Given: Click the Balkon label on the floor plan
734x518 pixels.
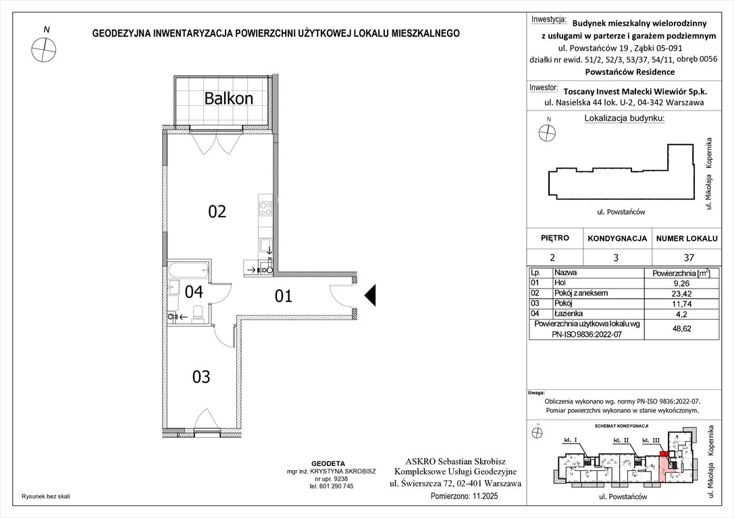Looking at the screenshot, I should point(228,98).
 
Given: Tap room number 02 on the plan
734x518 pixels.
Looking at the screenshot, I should point(216,212).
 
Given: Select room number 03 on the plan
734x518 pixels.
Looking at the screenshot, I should point(201,376).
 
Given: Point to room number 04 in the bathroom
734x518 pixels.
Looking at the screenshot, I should point(194,292).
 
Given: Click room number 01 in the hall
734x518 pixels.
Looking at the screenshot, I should point(284,295).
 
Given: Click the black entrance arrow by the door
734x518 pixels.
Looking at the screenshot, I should point(369,295).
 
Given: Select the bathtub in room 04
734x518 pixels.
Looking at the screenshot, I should point(189,271).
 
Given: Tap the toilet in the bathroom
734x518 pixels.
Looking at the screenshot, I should point(198,313).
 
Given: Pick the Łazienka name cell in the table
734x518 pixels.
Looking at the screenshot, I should point(567,313).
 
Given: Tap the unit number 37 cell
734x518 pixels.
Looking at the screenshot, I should point(685,257).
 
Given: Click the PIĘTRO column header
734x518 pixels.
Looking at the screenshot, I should point(555,238).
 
